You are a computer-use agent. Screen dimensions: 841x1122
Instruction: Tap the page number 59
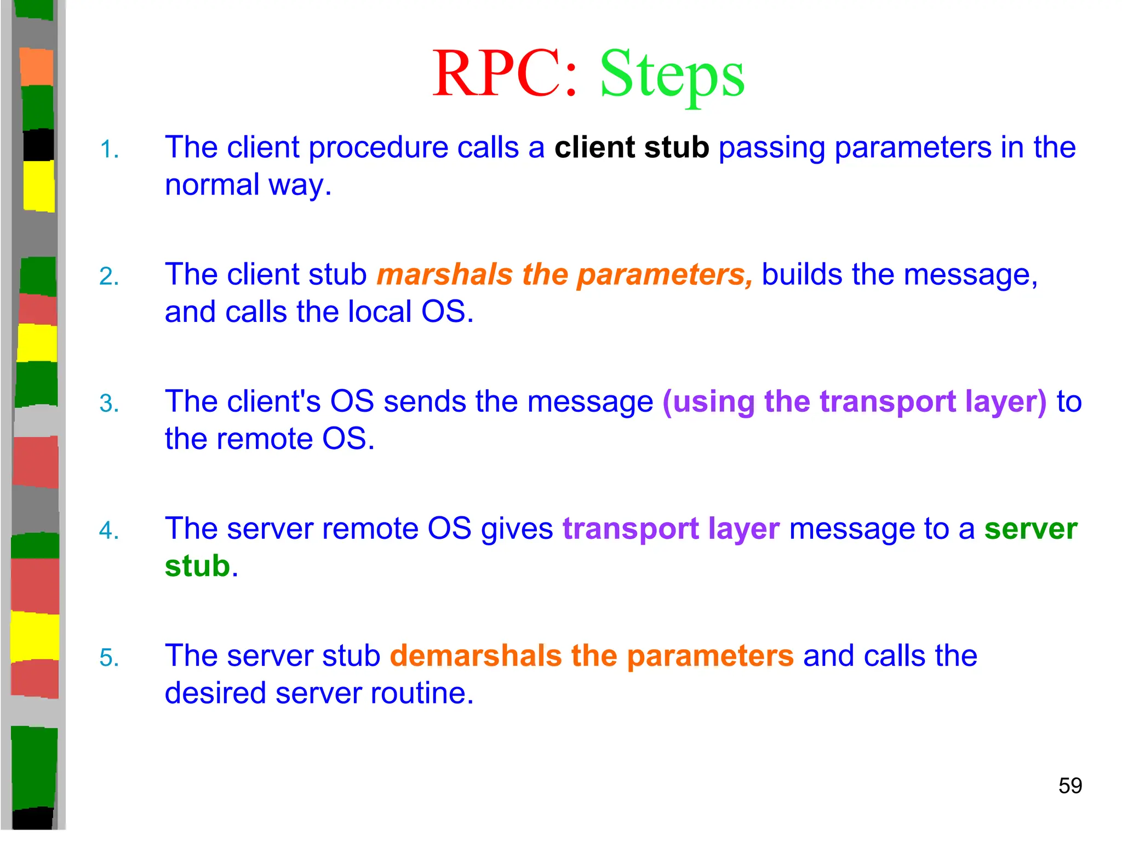tap(1069, 786)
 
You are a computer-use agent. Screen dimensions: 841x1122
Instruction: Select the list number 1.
tap(108, 149)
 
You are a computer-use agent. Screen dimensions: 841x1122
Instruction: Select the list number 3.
tap(108, 404)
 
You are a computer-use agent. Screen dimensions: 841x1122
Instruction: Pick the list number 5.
tap(108, 658)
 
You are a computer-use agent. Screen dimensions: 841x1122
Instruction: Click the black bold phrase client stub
tap(631, 147)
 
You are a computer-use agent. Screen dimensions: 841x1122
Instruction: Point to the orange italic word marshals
tap(444, 274)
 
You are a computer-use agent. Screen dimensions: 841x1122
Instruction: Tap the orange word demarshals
tap(476, 655)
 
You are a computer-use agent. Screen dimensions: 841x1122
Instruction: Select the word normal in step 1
tap(212, 185)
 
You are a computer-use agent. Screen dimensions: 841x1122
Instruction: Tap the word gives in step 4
tap(517, 529)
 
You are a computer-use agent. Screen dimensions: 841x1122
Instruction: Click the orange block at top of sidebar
tap(37, 67)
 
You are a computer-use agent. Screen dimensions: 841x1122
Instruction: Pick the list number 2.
tap(108, 277)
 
